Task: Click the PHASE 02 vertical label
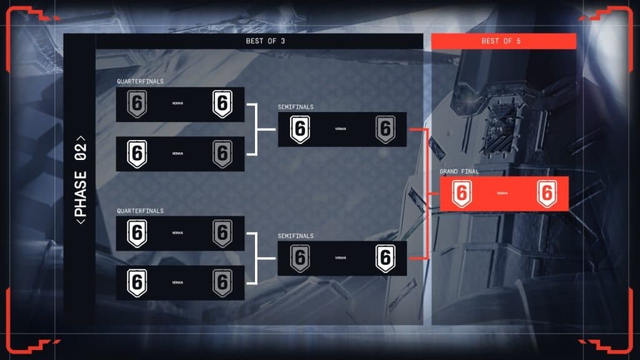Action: [81, 179]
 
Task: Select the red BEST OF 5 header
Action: [503, 42]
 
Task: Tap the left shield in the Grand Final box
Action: [461, 194]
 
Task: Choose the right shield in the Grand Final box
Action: [547, 194]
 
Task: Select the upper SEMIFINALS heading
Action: [296, 107]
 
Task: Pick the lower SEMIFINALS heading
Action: [296, 236]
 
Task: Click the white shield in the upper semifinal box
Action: [300, 129]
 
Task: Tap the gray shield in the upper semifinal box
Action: [386, 129]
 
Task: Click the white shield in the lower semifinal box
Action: [386, 258]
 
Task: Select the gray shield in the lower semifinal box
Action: [300, 258]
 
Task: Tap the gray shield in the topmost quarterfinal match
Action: [137, 104]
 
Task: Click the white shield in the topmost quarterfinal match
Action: [222, 104]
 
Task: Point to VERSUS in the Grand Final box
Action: [502, 194]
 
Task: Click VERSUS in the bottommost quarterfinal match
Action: [177, 282]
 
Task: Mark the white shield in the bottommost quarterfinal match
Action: [137, 282]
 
